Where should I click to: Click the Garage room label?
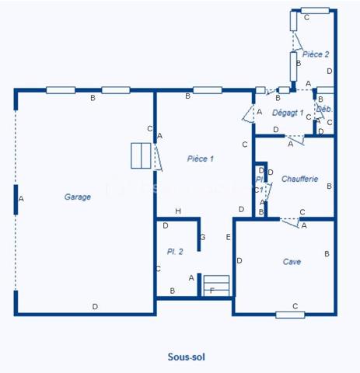(78, 197)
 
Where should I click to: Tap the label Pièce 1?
(201, 159)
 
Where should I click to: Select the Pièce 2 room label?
(316, 54)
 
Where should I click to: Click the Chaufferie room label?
(300, 179)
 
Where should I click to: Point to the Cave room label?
(292, 262)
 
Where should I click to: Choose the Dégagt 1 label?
(288, 113)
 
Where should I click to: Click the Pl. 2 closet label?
(174, 252)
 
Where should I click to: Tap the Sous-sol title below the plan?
(187, 357)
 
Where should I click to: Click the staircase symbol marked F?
(218, 286)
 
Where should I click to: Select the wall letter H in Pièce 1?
(178, 211)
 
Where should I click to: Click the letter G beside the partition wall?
(202, 236)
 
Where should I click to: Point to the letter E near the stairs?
(228, 236)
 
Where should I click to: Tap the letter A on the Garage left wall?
(21, 199)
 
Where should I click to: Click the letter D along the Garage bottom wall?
(95, 307)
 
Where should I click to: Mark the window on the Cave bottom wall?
(290, 315)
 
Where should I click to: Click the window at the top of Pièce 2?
(315, 10)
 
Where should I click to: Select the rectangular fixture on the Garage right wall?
(140, 155)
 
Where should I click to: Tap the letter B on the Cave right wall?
(327, 254)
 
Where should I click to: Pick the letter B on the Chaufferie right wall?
(329, 186)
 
